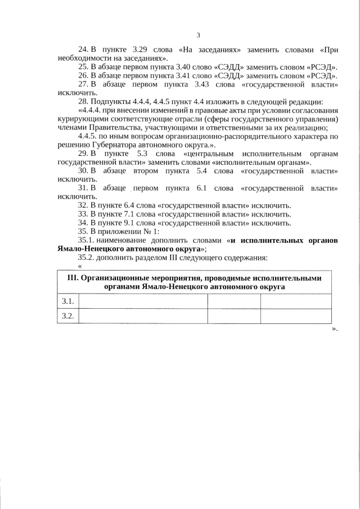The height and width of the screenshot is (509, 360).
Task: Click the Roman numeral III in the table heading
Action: [x=73, y=278]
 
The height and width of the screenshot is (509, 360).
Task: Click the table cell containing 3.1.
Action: [x=68, y=301]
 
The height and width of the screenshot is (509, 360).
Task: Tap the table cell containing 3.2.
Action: [x=68, y=316]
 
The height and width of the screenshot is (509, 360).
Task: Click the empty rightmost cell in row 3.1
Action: [x=295, y=301]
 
